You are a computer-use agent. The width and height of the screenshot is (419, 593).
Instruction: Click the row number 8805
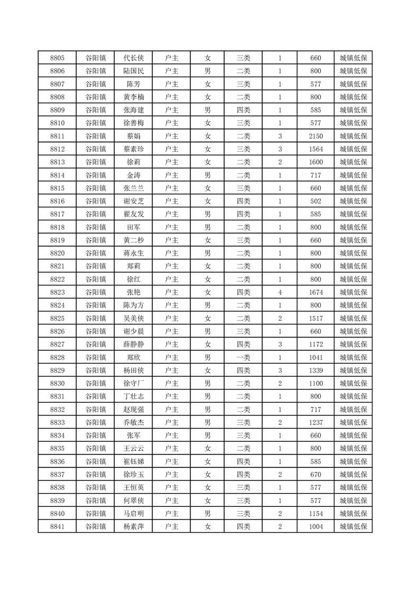pos(57,58)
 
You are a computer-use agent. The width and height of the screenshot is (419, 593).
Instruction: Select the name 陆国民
pos(133,71)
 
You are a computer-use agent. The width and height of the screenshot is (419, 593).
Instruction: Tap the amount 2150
pos(316,136)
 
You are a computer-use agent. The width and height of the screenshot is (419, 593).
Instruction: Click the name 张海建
pos(133,110)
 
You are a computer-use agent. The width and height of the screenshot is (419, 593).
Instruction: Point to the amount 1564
pos(316,149)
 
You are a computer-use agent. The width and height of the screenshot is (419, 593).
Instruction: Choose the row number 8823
pos(57,292)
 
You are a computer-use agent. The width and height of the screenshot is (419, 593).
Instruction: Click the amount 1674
pos(316,292)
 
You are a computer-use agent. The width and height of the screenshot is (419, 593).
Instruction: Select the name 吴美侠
pos(133,318)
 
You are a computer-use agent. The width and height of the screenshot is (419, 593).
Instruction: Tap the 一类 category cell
pos(244,357)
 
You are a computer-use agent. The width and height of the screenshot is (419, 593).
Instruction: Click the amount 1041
pos(316,357)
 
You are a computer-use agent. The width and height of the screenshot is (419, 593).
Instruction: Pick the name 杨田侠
pos(133,370)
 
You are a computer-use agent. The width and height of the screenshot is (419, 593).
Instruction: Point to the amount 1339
pos(316,370)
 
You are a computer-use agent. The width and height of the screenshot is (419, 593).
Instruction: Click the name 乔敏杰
pos(133,422)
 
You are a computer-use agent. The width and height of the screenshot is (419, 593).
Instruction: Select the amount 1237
pos(316,422)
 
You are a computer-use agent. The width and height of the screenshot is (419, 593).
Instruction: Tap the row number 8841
pos(57,526)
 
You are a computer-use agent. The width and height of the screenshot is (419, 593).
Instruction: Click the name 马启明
pos(133,514)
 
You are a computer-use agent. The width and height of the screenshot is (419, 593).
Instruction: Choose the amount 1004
pos(316,526)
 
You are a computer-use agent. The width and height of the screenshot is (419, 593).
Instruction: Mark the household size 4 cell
pos(280,292)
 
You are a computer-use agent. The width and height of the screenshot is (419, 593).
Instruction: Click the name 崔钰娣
pos(133,461)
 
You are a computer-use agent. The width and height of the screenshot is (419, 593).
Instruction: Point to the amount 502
pos(316,201)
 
